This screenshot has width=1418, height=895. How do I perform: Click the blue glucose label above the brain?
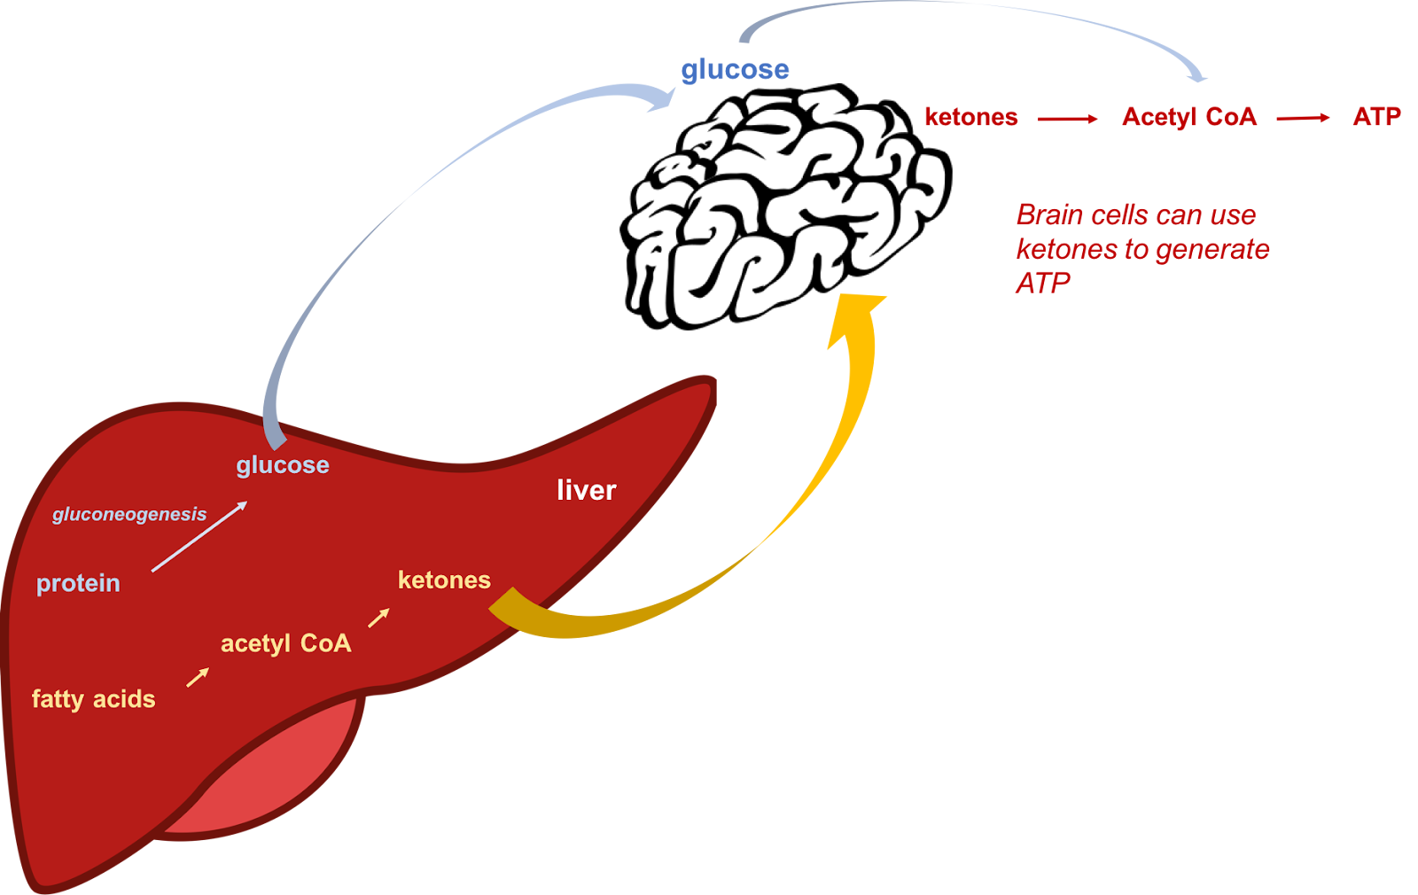point(735,70)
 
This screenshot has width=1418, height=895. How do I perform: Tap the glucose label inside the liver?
point(283,465)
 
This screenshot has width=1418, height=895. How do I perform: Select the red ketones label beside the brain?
point(971,117)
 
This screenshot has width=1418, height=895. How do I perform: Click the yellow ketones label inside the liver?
point(444,580)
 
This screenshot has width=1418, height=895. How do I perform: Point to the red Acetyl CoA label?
point(1189,117)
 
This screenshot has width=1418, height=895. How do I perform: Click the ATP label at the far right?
point(1377,116)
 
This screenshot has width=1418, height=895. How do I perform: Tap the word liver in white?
point(586,490)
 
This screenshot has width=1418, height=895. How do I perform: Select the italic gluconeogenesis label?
point(129,514)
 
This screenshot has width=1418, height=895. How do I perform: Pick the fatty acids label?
point(94,699)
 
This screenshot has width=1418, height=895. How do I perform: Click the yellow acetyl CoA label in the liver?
point(286,643)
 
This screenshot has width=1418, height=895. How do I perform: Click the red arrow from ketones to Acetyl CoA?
point(1067,119)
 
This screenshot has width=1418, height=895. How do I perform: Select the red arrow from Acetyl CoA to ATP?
point(1303,119)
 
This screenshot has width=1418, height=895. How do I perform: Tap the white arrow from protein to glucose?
point(199,536)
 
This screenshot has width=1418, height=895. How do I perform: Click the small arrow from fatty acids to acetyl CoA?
point(198,677)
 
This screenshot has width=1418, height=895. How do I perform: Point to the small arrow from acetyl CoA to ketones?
point(378,618)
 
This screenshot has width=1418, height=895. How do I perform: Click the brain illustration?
point(785,207)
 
